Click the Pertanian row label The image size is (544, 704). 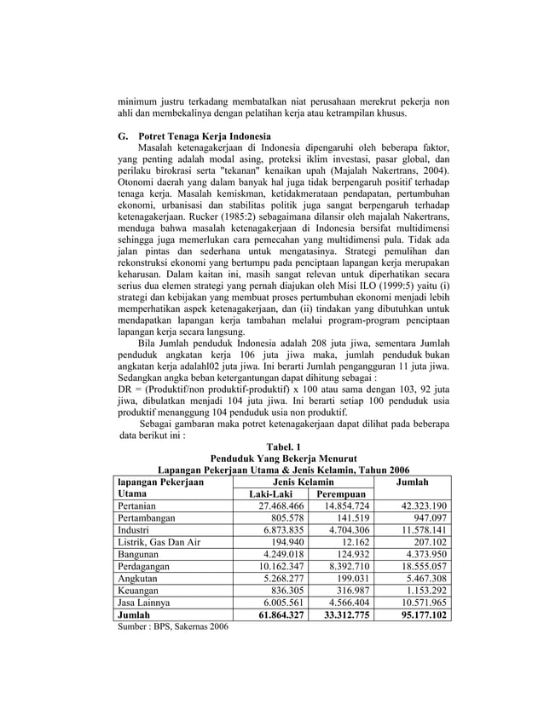[142, 506]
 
